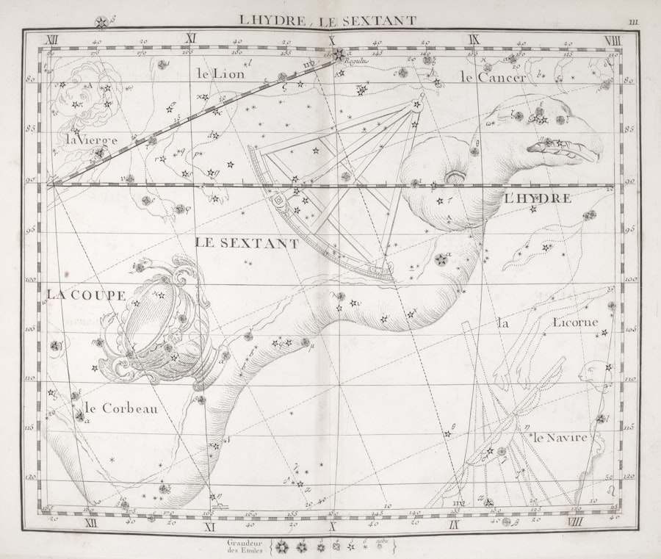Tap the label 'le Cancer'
(x=493, y=77)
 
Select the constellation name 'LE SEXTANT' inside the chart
(x=247, y=243)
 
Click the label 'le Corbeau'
(x=120, y=408)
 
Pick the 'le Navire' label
(x=560, y=437)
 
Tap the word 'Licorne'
(x=576, y=322)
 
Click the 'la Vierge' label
(x=91, y=139)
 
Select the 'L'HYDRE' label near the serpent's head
(x=537, y=198)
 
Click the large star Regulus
(x=339, y=54)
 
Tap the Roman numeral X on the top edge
(x=331, y=40)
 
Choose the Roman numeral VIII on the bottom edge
(x=574, y=523)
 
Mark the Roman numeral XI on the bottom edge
(x=209, y=525)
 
